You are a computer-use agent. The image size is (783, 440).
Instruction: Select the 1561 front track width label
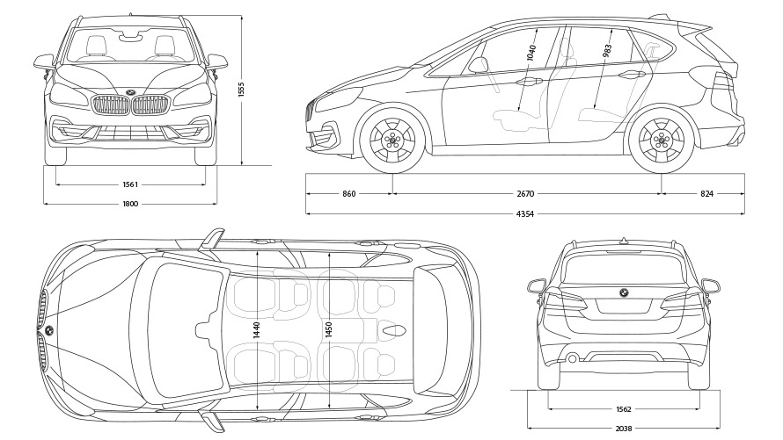tap(129, 184)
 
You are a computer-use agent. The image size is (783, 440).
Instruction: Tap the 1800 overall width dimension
tap(129, 205)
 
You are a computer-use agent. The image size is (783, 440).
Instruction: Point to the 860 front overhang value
tap(348, 193)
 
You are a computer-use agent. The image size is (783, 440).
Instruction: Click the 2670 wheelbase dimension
tap(526, 193)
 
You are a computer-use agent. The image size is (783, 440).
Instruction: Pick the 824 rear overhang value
tap(706, 193)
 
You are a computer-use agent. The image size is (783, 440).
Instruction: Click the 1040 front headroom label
tap(531, 51)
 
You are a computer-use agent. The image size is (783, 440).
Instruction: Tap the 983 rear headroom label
tap(608, 50)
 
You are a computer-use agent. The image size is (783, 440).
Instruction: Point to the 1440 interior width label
tap(257, 330)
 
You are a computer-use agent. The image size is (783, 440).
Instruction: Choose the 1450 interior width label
tap(328, 330)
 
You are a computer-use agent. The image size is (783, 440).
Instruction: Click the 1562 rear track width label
tap(624, 409)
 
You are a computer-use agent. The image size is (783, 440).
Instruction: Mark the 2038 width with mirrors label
tap(624, 428)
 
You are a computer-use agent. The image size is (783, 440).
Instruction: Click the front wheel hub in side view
tap(393, 140)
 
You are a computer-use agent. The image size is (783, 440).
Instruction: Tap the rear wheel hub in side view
tap(661, 141)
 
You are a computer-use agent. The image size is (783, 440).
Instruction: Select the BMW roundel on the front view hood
tap(129, 93)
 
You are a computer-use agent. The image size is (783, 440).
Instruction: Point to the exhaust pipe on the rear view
tap(572, 357)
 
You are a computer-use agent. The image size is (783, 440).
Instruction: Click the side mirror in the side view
tap(479, 64)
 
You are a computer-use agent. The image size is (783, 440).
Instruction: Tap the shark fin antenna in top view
tap(393, 331)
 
